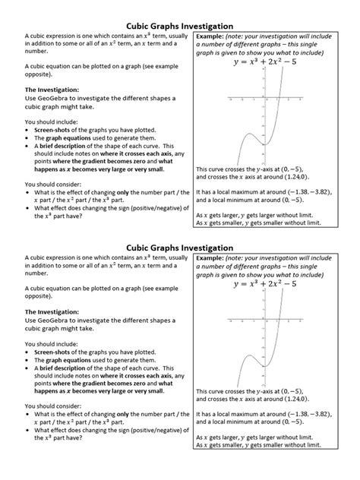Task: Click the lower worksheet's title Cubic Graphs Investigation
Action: (x=179, y=247)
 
